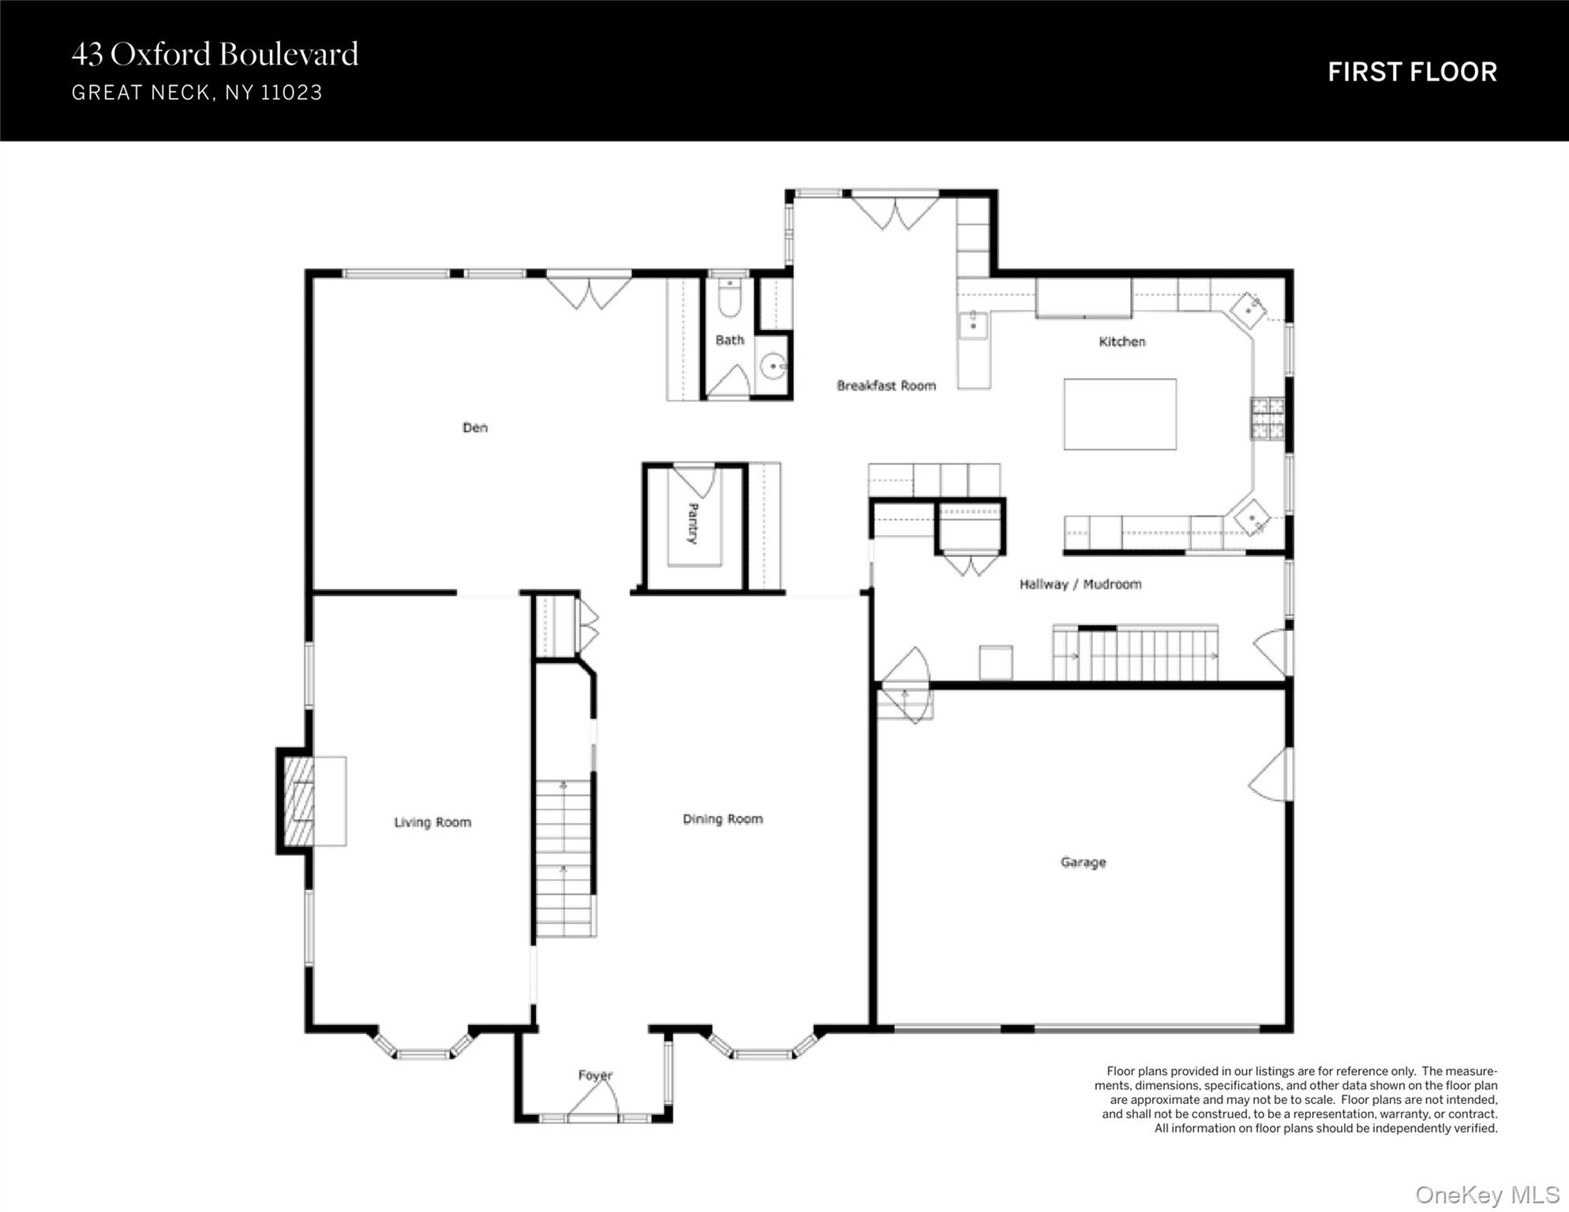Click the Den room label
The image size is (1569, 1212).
(475, 428)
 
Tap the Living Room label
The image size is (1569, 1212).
(433, 822)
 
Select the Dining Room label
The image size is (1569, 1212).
(723, 819)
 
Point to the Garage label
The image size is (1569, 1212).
(1083, 862)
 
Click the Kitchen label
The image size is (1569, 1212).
(1122, 342)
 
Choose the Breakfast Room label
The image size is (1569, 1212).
(886, 386)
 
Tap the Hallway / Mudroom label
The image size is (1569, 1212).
(1080, 585)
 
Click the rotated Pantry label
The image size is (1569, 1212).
(693, 523)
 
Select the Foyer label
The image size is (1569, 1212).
(595, 1075)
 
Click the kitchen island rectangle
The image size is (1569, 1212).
(1120, 414)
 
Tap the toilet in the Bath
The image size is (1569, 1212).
(730, 297)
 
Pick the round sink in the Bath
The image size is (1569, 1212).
(773, 366)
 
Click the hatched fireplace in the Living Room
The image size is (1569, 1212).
(298, 802)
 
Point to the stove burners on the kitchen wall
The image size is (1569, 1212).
(1268, 418)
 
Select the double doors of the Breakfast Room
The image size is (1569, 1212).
(895, 212)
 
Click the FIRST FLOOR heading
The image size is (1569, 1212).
(1412, 72)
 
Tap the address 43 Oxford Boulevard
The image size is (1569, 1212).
(215, 54)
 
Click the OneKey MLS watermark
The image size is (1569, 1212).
(1488, 1195)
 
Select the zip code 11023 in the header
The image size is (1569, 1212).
(291, 93)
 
